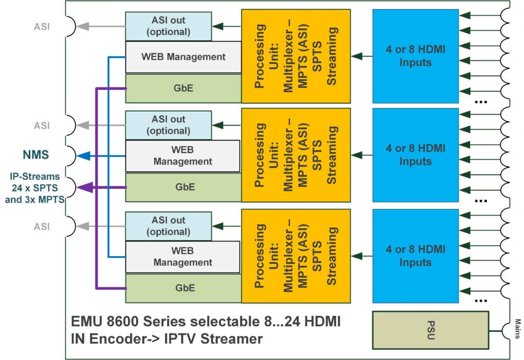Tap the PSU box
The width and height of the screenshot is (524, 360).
(x=430, y=330)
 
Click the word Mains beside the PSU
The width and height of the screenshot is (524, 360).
(x=517, y=330)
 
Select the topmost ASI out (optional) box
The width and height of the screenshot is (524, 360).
(x=168, y=26)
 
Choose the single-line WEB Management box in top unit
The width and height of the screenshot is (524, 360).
(x=183, y=56)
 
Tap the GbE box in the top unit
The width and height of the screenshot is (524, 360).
(x=183, y=88)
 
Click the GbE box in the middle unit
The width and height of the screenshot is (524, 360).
(x=183, y=187)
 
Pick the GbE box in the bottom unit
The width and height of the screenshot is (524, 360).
(x=183, y=288)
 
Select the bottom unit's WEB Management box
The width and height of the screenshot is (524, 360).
(x=183, y=257)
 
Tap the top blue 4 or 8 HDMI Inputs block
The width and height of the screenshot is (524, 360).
(x=415, y=56)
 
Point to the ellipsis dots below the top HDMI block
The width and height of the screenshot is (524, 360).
(x=481, y=101)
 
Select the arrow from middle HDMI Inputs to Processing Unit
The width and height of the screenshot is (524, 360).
(x=361, y=155)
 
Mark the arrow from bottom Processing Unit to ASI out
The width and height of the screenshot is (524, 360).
(x=227, y=226)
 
